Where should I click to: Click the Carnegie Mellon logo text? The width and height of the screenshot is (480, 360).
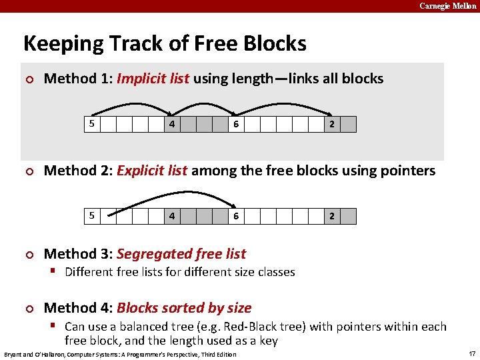[448, 6]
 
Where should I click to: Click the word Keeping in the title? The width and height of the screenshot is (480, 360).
[55, 44]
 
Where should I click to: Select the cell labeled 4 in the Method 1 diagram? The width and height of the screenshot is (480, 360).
[172, 124]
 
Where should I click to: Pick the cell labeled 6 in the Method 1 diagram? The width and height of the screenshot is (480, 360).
[236, 124]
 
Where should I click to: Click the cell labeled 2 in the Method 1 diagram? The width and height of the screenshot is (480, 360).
[332, 124]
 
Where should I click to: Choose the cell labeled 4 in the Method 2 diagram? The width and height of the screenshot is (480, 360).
[172, 216]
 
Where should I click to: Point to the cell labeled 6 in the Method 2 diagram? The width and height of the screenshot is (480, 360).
[236, 216]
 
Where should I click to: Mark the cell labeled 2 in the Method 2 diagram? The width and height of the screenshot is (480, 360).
[332, 216]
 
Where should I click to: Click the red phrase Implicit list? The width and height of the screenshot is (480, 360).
[153, 79]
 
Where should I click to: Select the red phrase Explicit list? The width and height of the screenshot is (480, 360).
[152, 171]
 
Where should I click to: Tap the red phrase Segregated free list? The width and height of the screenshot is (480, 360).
[181, 254]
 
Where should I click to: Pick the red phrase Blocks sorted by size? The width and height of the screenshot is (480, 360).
[184, 308]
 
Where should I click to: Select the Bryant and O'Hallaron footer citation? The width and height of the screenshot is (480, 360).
[120, 354]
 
